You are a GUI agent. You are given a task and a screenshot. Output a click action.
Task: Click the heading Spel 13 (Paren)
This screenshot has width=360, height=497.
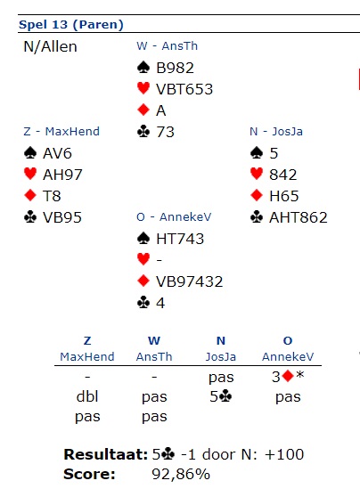(71, 25)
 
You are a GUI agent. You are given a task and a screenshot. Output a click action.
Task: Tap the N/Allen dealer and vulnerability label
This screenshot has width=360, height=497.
(50, 47)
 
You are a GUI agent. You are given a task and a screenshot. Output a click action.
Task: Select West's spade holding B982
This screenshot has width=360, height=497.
(175, 68)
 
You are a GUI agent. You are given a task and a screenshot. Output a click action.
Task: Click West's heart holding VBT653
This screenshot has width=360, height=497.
(184, 89)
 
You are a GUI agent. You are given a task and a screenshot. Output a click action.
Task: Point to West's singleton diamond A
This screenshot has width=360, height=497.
(160, 110)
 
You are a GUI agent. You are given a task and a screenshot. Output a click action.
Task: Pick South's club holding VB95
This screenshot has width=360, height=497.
(62, 217)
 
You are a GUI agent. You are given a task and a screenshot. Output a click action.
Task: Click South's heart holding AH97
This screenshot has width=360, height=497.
(62, 175)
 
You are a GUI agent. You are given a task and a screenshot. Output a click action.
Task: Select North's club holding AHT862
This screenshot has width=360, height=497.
(299, 217)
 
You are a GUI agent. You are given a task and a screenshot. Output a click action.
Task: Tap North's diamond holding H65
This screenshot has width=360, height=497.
(284, 196)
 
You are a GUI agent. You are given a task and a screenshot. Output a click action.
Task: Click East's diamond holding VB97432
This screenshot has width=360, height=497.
(190, 281)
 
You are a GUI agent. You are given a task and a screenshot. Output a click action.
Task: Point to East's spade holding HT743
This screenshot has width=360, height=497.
(180, 239)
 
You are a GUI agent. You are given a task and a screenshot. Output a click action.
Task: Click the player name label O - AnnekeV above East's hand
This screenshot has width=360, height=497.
(174, 217)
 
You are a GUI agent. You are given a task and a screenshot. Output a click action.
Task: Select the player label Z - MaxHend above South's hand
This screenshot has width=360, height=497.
(61, 131)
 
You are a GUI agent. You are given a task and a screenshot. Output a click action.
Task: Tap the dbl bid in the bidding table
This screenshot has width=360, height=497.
(87, 396)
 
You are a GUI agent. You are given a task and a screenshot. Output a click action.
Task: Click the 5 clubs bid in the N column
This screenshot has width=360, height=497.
(221, 396)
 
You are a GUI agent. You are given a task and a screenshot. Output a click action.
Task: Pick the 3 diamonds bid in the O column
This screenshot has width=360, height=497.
(288, 377)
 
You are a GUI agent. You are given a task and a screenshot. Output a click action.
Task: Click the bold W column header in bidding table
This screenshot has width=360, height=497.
(154, 341)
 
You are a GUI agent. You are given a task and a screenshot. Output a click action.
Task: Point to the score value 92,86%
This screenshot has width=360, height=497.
(181, 475)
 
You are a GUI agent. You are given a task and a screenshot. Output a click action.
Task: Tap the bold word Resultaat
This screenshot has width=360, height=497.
(106, 454)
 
